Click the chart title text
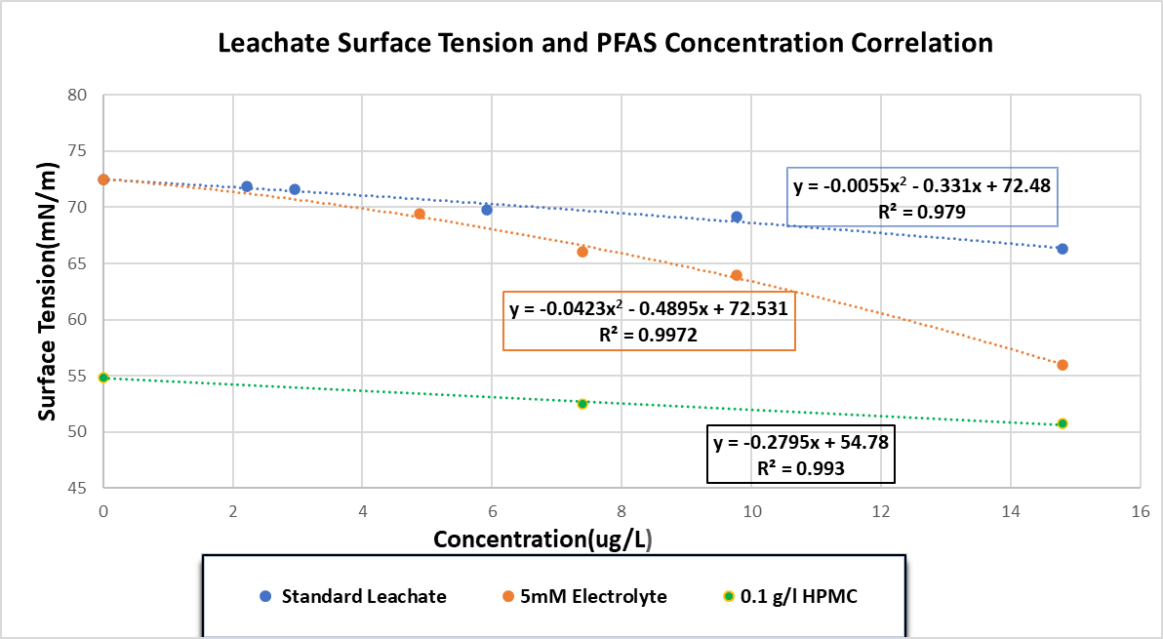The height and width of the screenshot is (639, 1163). [605, 44]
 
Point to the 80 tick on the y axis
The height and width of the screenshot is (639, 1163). [77, 96]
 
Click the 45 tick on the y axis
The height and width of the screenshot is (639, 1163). [77, 488]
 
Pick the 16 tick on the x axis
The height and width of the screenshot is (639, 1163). [1139, 510]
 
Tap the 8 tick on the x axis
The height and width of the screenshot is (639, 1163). [622, 510]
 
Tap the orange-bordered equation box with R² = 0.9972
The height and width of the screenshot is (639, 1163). [649, 321]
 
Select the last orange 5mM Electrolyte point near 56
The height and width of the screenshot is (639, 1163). [1063, 365]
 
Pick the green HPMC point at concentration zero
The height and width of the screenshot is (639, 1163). [103, 378]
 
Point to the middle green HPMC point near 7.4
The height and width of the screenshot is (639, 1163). [582, 403]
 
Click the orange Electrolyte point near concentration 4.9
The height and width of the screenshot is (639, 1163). [420, 214]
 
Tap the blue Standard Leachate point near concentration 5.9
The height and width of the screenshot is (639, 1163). [487, 210]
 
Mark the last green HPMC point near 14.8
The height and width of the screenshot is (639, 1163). [1063, 423]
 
